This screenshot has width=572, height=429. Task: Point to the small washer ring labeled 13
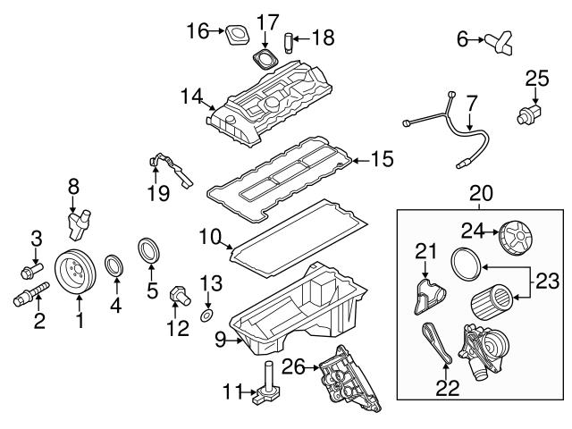coord(206,316)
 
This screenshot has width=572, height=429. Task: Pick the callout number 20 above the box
coord(482,191)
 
